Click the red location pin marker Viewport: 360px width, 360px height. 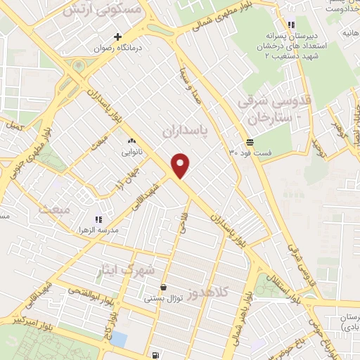pos(181,165)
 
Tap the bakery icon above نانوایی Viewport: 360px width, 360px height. pos(131,140)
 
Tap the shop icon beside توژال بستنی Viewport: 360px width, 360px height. pos(163,287)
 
